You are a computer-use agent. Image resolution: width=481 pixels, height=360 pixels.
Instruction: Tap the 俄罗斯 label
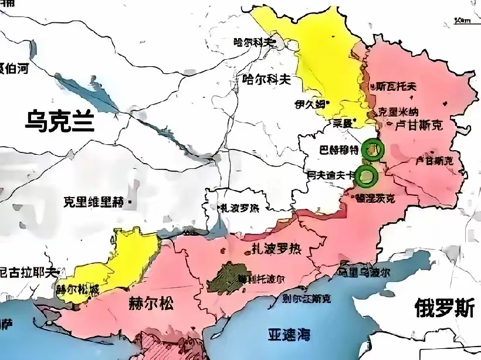(444, 307)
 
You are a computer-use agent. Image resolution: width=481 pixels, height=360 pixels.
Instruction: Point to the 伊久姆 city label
(310, 104)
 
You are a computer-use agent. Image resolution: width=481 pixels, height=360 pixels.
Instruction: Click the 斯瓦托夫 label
(396, 86)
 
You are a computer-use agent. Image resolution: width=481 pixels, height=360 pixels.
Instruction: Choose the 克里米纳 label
(398, 111)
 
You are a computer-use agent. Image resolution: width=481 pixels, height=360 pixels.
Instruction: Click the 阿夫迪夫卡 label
(332, 174)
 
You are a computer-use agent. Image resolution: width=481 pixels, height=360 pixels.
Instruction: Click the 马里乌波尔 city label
(364, 272)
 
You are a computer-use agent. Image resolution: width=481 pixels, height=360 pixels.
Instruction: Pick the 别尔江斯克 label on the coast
(305, 298)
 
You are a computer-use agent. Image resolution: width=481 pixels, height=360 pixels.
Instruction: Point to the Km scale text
(463, 20)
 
